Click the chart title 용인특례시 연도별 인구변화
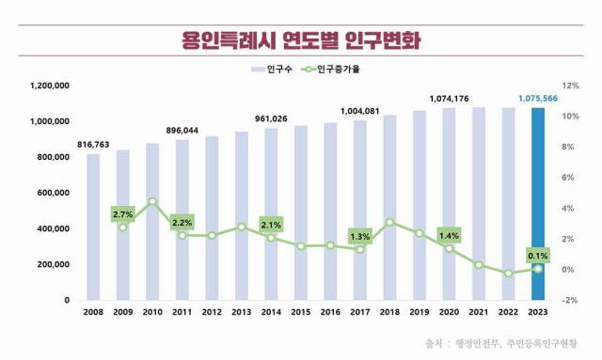(301, 41)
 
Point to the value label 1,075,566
(536, 97)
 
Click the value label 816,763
(94, 144)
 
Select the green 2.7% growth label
(122, 214)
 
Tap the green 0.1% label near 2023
(537, 254)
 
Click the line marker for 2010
(152, 201)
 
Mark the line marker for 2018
(389, 223)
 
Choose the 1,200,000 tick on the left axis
(51, 86)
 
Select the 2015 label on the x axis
(301, 313)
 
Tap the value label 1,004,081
(360, 111)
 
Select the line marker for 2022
(508, 274)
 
